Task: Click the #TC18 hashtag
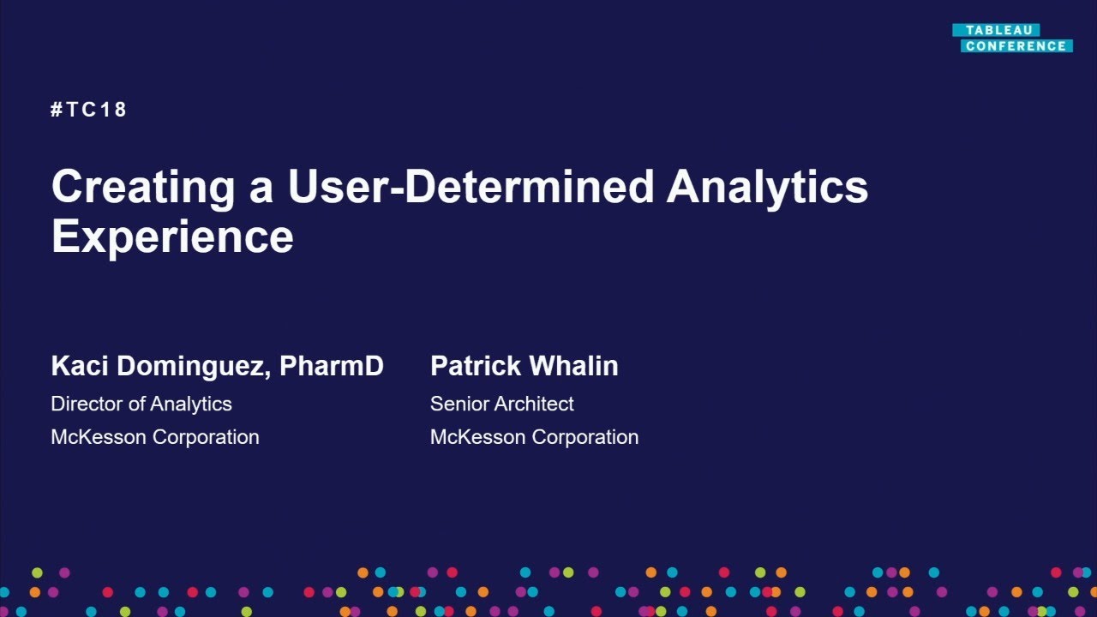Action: (x=88, y=110)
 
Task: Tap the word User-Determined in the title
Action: (x=471, y=187)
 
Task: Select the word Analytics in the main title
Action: (x=767, y=188)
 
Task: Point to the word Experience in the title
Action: (x=172, y=237)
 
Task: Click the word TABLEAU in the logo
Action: (x=998, y=30)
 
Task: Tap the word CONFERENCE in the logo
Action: (x=1016, y=46)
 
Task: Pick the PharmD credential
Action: (x=332, y=366)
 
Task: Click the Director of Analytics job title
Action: (x=141, y=404)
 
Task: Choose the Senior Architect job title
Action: (x=502, y=404)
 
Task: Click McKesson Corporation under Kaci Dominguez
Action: (x=155, y=437)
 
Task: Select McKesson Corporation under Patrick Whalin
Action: (x=534, y=437)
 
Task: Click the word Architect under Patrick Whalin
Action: (x=533, y=404)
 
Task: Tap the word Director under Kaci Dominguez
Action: (x=86, y=404)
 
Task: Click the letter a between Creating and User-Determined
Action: (x=261, y=190)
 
